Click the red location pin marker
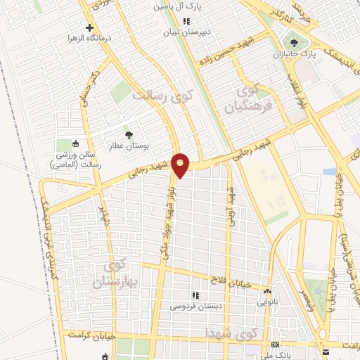coord(181,164)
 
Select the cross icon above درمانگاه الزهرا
coord(89,27)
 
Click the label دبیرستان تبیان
coord(182,32)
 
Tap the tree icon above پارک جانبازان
coord(304,41)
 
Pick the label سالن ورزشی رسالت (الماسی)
coord(78,159)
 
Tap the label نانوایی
coord(266,300)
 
